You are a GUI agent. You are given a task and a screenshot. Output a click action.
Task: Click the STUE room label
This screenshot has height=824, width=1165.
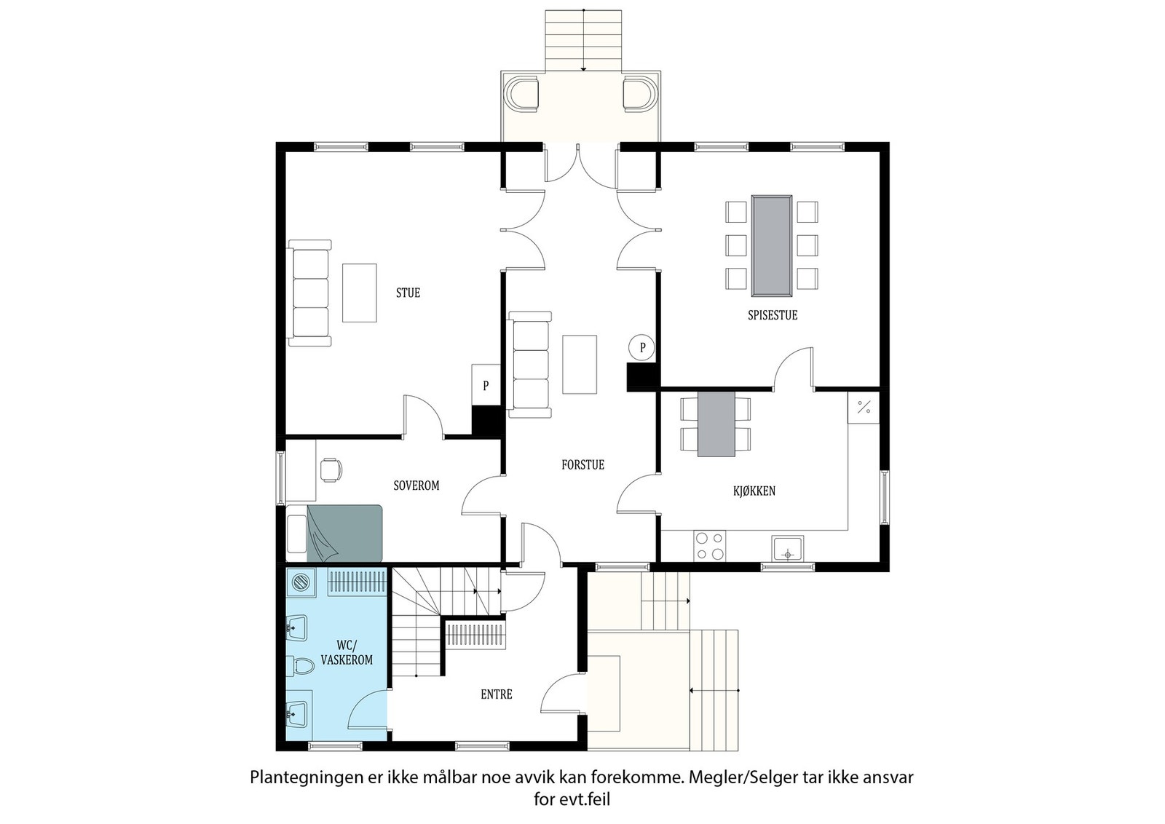coord(408,293)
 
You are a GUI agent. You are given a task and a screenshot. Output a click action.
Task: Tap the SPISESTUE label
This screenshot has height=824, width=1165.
coord(773,315)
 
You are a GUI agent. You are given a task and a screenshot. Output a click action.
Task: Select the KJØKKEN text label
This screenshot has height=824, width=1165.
coord(754,491)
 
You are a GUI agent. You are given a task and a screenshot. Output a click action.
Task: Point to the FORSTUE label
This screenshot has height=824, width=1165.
coord(582,464)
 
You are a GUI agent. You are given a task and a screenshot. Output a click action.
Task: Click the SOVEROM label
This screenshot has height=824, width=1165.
coord(416,486)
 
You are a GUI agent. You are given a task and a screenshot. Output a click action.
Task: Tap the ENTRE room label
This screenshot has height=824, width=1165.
coord(497,694)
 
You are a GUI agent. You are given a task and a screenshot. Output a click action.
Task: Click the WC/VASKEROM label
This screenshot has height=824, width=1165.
coord(346,653)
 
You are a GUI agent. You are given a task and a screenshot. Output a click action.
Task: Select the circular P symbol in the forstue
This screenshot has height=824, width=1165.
coord(642,348)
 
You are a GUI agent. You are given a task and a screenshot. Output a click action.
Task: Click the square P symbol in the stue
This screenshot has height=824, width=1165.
coord(486,384)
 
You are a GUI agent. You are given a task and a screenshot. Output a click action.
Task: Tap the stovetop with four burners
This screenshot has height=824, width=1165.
coord(709,546)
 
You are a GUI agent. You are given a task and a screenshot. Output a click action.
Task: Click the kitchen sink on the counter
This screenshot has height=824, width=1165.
coord(787,548)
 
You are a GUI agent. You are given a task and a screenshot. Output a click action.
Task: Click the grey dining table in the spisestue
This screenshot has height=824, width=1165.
coord(772,245)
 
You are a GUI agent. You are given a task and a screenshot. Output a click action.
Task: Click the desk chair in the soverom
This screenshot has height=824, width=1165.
coord(331,470)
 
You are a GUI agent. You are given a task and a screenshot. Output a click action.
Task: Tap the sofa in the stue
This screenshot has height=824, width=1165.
coord(310,293)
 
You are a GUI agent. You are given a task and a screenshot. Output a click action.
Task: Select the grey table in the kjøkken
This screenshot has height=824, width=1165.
coord(716,424)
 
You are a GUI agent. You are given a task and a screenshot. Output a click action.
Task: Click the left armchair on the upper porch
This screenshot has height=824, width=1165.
coord(524,94)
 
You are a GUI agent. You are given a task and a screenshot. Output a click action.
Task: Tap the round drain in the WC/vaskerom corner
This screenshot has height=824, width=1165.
coord(301,582)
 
